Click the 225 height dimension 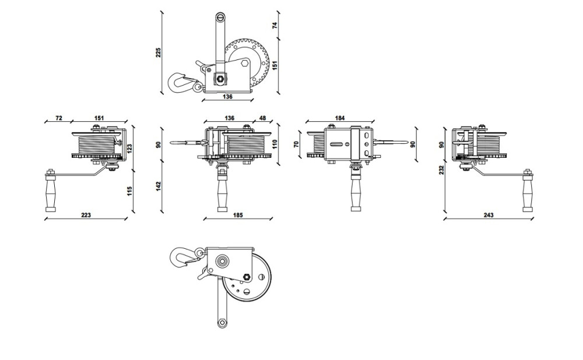click(158, 53)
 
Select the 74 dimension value click(275, 26)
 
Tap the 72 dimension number click(58, 118)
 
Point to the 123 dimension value click(129, 149)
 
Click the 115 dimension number click(129, 191)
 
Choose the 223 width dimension click(86, 215)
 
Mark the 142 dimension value click(158, 186)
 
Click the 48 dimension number click(262, 118)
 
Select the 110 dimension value click(275, 144)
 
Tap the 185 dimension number click(238, 215)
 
